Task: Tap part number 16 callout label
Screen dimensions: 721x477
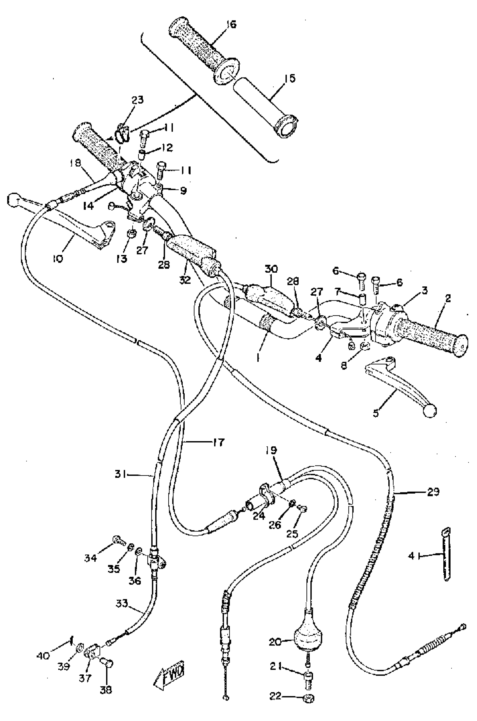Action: click(231, 24)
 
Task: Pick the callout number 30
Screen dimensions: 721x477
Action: click(271, 269)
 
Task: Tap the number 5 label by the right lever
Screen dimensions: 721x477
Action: click(376, 413)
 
